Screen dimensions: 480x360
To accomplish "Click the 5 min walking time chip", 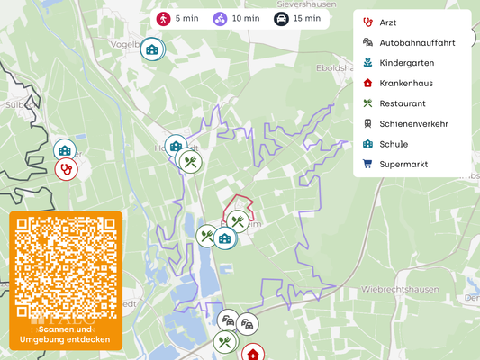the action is [x=178, y=18].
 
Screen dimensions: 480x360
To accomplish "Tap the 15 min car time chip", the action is [x=297, y=18].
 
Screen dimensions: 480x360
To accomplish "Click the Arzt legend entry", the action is [x=387, y=22].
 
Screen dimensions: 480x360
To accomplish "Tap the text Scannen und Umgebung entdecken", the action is [x=66, y=335].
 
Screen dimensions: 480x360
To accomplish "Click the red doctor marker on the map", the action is [x=67, y=168].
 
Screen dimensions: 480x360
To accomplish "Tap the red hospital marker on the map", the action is [x=254, y=352].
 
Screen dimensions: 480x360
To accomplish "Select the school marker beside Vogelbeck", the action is [x=152, y=49].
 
